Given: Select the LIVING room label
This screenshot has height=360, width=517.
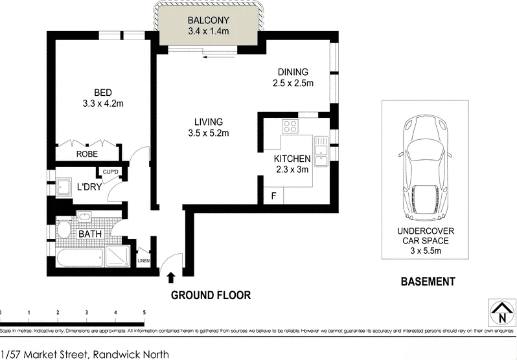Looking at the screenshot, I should point(208,121).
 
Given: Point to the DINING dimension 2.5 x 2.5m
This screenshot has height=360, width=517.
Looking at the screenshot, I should point(293,83).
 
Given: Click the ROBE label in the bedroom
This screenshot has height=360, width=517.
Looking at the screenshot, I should point(87,154).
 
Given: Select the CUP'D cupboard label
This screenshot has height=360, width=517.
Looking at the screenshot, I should point(110,172).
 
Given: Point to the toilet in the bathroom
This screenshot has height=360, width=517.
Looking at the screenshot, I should point(63,230).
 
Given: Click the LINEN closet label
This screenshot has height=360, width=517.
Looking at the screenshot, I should point(144,262).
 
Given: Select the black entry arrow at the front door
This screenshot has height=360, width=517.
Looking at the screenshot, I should point(171,278).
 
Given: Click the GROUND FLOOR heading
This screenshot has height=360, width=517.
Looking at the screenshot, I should point(211,295).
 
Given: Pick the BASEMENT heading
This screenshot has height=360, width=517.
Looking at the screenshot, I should point(427,282).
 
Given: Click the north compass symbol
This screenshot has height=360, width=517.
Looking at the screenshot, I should point(501,314).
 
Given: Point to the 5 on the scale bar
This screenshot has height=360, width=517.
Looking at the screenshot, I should point(144,313).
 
